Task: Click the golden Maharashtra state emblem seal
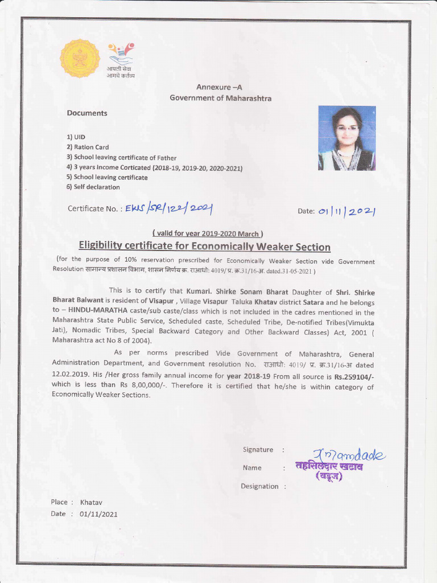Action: click(x=80, y=58)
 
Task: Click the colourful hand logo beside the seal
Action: click(x=121, y=54)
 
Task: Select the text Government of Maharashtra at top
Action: click(x=220, y=98)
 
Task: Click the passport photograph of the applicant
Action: click(x=347, y=138)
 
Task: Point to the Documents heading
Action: click(x=87, y=113)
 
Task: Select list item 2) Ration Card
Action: click(x=88, y=147)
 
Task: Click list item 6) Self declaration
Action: click(x=93, y=187)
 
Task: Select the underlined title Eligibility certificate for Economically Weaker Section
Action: click(x=204, y=247)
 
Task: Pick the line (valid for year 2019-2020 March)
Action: click(x=207, y=233)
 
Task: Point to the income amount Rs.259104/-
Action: click(x=354, y=376)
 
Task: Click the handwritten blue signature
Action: click(x=352, y=454)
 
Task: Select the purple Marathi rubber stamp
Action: click(x=329, y=471)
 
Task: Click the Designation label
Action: click(x=259, y=486)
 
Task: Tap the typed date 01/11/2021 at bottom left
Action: click(x=99, y=514)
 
